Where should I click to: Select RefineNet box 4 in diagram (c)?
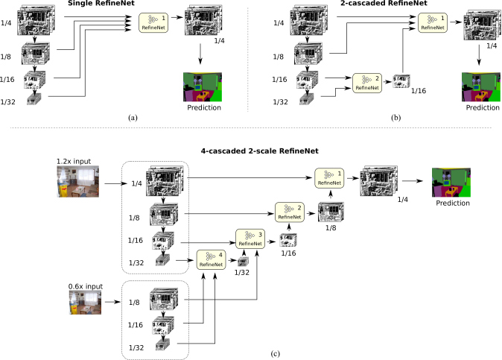point(211,259)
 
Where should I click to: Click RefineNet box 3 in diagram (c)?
point(250,239)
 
